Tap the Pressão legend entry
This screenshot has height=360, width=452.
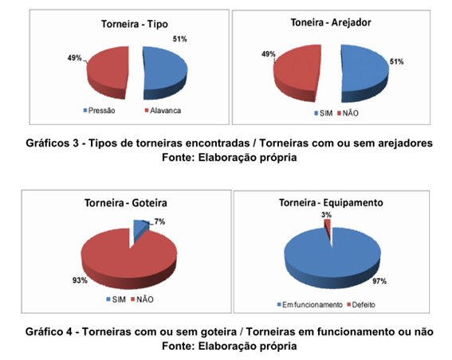click(99, 111)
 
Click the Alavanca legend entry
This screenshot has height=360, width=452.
click(163, 111)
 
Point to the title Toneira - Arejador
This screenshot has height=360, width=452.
click(331, 22)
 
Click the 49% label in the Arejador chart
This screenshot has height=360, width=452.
click(269, 54)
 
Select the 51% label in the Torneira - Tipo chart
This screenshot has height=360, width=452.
click(180, 39)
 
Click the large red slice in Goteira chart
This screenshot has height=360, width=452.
click(129, 259)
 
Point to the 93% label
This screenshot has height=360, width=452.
click(80, 280)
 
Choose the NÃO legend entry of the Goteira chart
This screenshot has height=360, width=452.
click(142, 299)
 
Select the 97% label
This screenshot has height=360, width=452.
click(379, 281)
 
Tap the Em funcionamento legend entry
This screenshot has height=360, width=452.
click(309, 305)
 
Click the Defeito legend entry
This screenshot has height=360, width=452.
click(361, 305)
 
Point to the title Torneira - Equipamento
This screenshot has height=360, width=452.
click(331, 203)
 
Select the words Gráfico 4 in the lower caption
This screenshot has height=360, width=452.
click(49, 332)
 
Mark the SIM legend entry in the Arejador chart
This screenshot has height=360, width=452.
click(324, 113)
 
